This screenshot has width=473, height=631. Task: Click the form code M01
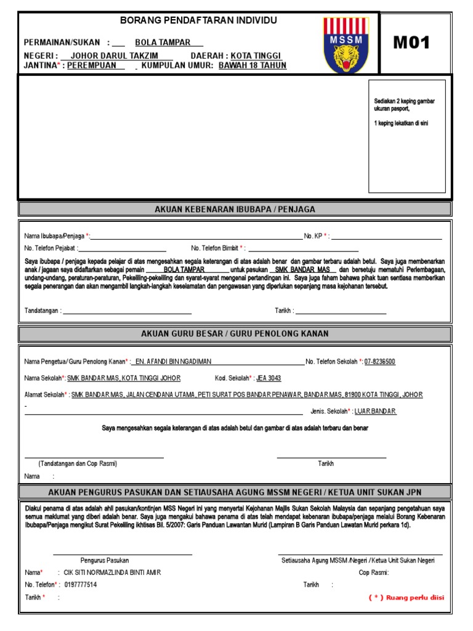tap(412, 43)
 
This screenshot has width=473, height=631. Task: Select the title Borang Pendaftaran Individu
tap(198, 20)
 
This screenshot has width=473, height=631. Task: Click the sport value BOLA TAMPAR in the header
tap(163, 43)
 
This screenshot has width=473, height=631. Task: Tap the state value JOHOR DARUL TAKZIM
tap(118, 54)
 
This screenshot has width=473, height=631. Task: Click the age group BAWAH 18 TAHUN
tap(253, 65)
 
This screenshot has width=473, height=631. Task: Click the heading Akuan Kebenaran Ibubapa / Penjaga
tap(235, 210)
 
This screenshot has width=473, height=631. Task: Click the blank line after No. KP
tap(387, 236)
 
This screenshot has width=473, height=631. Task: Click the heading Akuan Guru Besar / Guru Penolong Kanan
tap(235, 333)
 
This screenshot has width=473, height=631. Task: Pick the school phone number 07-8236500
tap(379, 362)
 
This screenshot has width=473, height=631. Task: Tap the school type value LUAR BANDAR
tap(376, 411)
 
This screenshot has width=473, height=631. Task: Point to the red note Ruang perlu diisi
tap(406, 597)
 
